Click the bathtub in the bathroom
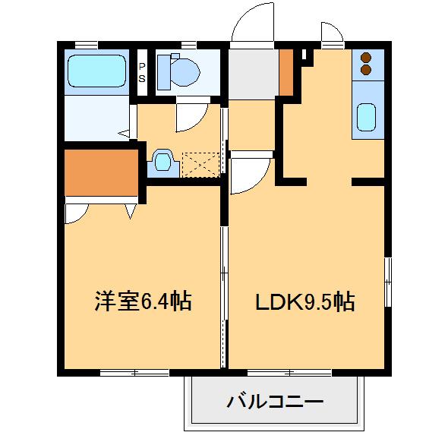[x=97, y=71]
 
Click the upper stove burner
[x=365, y=58]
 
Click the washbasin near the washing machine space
[x=162, y=161]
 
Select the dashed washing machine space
[x=200, y=163]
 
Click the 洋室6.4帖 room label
[x=142, y=302]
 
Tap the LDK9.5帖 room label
[x=304, y=302]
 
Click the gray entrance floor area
[x=253, y=75]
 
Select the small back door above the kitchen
[x=330, y=32]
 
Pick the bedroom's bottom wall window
[x=134, y=372]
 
